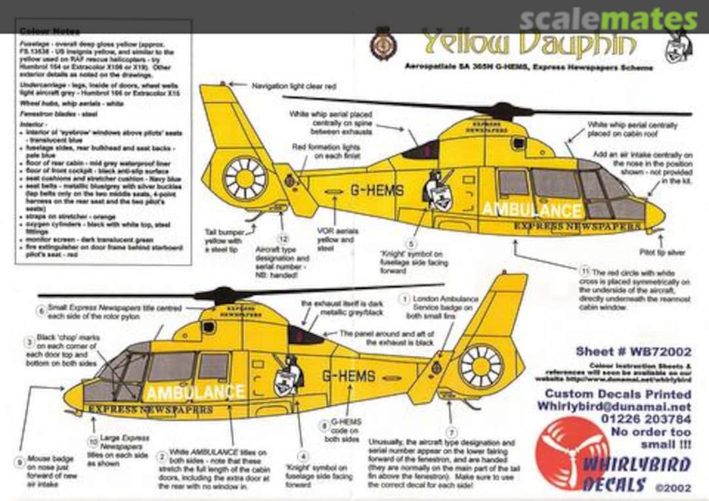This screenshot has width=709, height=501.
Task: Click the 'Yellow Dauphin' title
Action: click(x=528, y=44)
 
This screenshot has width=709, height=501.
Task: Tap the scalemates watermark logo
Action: click(x=608, y=20)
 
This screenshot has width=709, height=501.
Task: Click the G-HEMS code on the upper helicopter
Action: click(x=377, y=190)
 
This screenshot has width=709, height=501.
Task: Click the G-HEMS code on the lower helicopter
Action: click(x=348, y=376)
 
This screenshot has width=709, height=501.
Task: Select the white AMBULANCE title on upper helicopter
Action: click(x=532, y=210)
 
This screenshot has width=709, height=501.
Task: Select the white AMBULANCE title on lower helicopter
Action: click(x=196, y=393)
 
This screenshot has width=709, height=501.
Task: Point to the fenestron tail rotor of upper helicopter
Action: click(x=246, y=178)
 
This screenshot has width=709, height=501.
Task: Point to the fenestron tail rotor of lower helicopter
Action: click(x=481, y=366)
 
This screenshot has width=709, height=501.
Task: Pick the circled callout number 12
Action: click(x=284, y=239)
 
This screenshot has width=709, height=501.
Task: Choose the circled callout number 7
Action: click(x=452, y=432)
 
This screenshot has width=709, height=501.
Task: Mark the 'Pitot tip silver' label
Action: click(x=666, y=251)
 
